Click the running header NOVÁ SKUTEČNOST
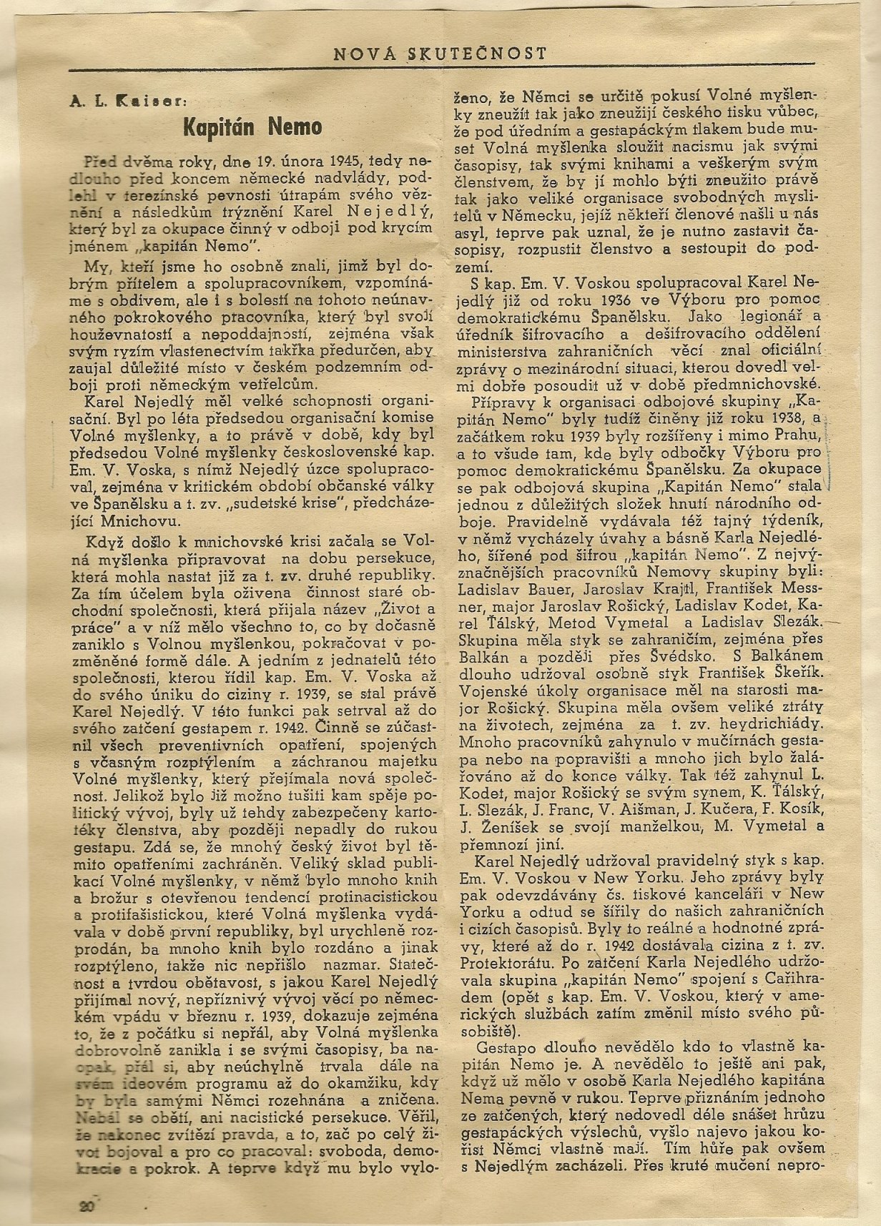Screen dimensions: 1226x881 [x=441, y=53]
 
